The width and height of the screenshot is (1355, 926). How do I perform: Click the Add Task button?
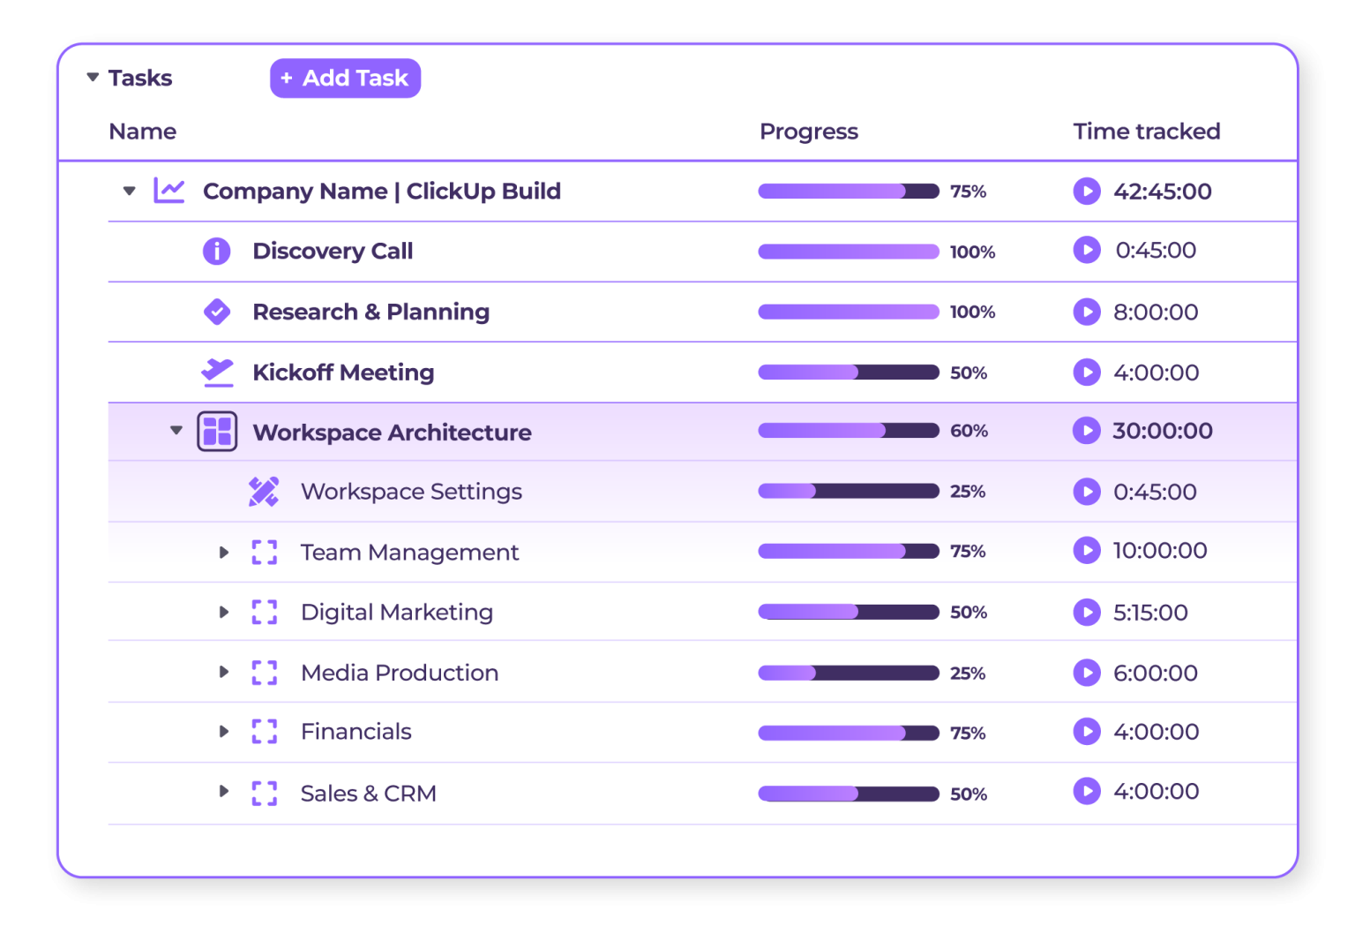(345, 79)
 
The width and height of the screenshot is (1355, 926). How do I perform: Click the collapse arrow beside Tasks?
(93, 78)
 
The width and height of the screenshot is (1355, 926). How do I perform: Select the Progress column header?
(808, 132)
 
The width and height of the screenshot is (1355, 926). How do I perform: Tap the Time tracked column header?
(1146, 132)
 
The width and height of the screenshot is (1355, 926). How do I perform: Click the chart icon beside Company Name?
(168, 191)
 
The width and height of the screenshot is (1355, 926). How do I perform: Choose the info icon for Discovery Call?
(216, 252)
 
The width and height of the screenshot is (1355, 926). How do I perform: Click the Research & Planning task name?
(371, 312)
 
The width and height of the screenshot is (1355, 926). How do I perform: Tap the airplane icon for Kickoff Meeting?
(217, 373)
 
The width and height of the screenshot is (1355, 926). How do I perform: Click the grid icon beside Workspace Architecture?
(217, 432)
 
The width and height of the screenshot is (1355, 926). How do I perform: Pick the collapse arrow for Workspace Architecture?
(176, 431)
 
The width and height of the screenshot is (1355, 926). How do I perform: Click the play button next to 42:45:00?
(1087, 191)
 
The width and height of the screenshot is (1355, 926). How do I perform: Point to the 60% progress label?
(969, 431)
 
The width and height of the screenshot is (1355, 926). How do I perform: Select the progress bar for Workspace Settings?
(848, 492)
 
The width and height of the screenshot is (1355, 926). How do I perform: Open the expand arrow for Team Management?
(224, 553)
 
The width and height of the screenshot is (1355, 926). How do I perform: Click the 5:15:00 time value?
(1150, 613)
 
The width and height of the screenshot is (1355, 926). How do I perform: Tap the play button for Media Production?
(1087, 673)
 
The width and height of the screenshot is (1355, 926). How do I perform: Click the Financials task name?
(356, 732)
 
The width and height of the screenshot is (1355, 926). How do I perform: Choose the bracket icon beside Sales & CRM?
(265, 793)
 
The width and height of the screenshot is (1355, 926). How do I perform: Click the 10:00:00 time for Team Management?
(1159, 551)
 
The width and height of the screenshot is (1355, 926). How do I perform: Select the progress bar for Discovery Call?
(848, 252)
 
